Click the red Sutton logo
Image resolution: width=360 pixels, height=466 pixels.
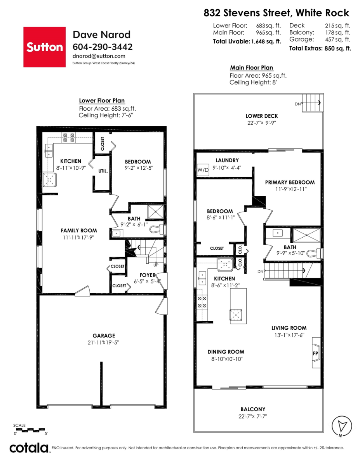point(44,47)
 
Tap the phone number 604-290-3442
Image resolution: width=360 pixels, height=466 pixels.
point(103,47)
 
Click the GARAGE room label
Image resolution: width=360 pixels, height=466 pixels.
point(104,336)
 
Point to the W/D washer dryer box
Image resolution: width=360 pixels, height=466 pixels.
point(203,170)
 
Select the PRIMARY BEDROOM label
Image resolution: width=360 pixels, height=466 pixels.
point(290,182)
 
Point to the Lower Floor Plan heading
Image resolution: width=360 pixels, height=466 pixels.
point(102,101)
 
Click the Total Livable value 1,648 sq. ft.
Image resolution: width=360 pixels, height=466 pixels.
point(266,41)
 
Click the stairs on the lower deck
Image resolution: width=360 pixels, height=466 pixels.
point(312,103)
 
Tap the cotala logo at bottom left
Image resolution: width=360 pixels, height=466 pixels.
point(29,448)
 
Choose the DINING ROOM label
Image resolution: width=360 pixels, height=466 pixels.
point(225,352)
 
